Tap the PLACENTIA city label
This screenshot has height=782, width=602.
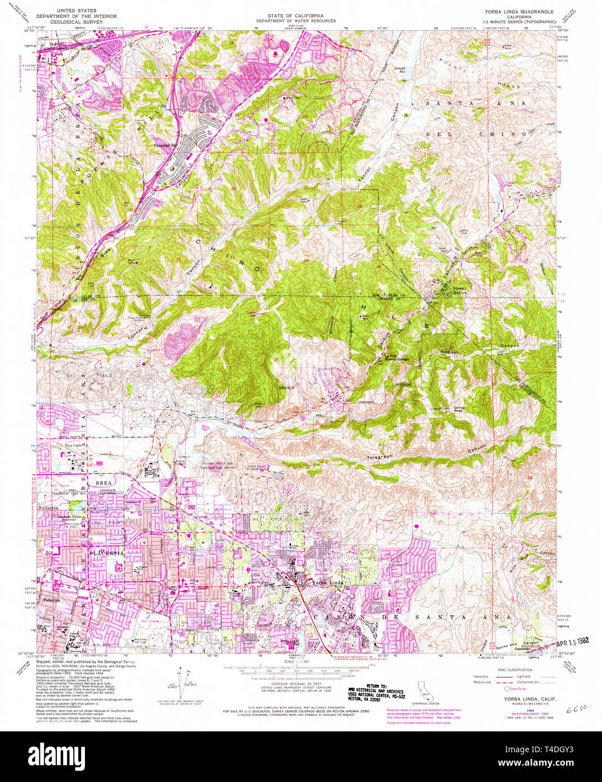[x=106, y=553]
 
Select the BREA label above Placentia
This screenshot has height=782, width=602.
[x=104, y=483]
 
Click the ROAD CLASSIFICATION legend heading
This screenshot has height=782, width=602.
[x=514, y=670]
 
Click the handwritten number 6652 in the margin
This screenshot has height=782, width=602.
[x=573, y=711]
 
